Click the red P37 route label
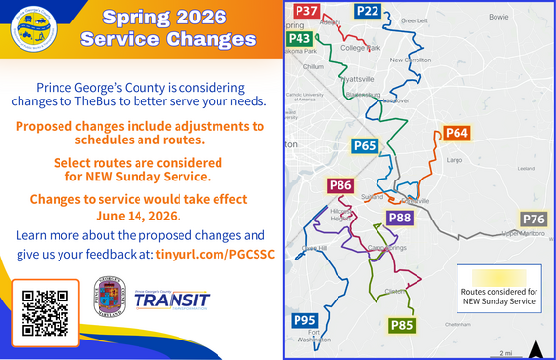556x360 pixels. tap(306, 11)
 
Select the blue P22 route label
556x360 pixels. tap(368, 11)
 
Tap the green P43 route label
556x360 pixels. tap(300, 38)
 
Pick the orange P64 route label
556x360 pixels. tap(457, 133)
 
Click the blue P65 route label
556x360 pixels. tap(365, 146)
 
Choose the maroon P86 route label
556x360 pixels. tap(340, 185)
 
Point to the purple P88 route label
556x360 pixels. tap(400, 218)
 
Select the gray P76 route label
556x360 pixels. tap(534, 219)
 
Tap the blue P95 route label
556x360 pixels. tap(304, 320)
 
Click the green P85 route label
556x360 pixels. tap(402, 325)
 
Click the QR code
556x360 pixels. tap(45, 312)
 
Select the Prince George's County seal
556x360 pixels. tap(107, 297)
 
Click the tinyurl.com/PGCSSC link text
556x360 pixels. tap(207, 254)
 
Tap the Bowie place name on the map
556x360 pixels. tap(498, 17)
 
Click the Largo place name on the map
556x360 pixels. tap(454, 159)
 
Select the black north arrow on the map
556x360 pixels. tap(535, 348)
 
